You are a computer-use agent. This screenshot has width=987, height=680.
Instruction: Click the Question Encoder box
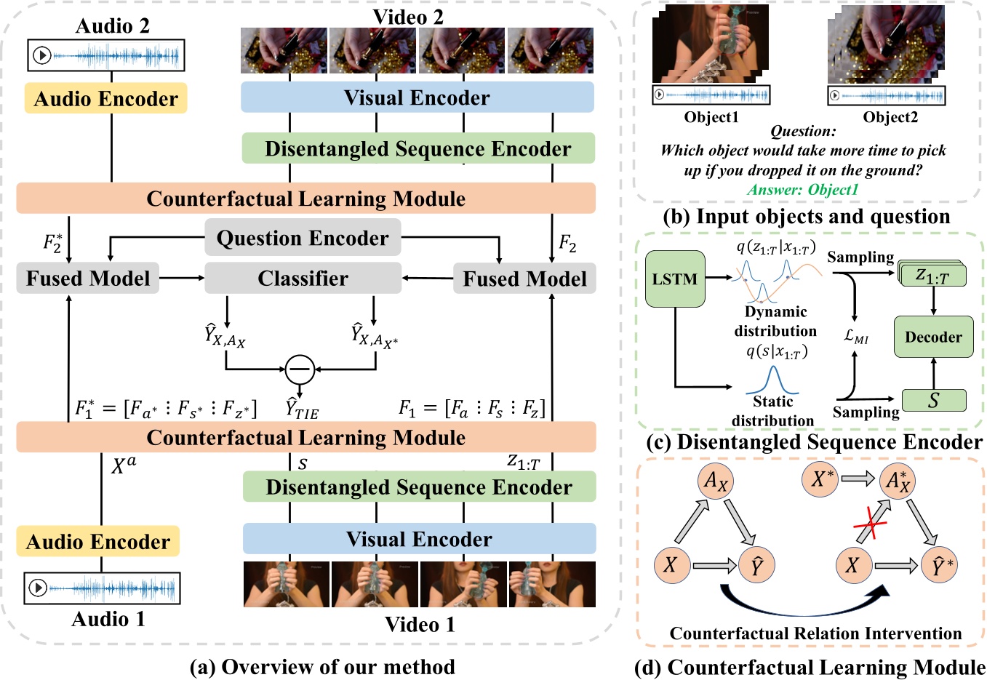pos(303,238)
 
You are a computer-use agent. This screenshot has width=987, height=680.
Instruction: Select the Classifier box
pos(303,279)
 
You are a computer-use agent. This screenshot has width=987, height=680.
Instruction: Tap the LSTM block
pos(675,279)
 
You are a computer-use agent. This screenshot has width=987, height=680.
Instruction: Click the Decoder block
pos(933,337)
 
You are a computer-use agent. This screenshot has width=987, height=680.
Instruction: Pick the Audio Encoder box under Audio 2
pos(106,99)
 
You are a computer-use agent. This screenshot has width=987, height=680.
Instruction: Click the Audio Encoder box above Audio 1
pos(98,542)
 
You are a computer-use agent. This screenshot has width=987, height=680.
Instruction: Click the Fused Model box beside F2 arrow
pos(524,279)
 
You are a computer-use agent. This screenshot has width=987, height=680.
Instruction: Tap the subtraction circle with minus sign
pos(300,369)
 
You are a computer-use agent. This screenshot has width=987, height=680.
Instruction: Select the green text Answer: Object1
pos(803,190)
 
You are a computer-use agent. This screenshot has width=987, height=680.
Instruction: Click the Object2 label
pos(890,117)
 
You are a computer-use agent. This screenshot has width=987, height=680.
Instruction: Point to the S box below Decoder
pos(934,401)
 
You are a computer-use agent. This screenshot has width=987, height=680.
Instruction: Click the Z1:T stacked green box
pos(933,276)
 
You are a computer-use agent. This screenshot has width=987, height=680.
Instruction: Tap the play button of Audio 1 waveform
pos(38,588)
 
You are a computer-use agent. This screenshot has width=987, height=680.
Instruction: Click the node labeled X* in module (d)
pos(821,479)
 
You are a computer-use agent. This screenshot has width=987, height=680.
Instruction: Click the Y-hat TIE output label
pos(302,409)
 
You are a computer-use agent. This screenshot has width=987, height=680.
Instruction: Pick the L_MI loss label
pos(856,337)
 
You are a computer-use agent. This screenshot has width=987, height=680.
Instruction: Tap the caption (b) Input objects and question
pos(807,217)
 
